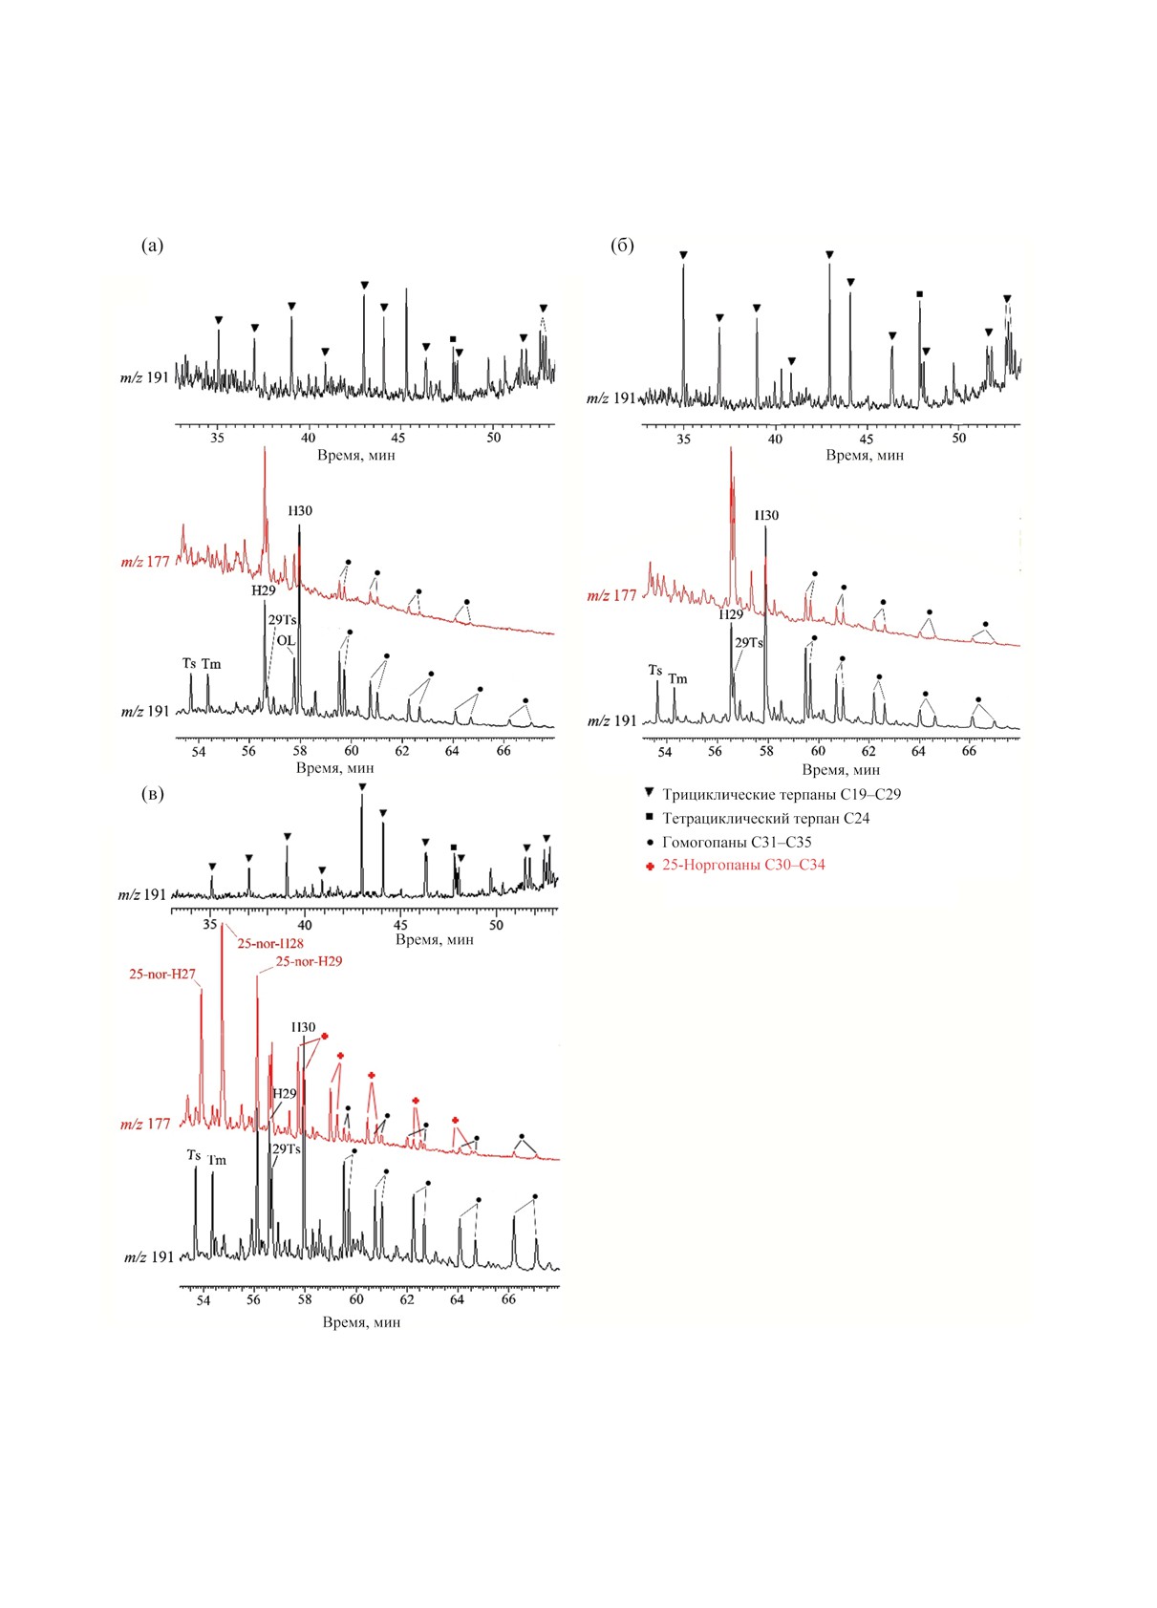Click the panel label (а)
(152, 246)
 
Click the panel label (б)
(622, 246)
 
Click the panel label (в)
(152, 794)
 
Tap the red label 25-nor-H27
(162, 975)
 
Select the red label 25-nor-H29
(309, 961)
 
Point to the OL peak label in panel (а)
(286, 640)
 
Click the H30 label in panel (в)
(303, 1027)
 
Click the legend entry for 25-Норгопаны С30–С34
(743, 865)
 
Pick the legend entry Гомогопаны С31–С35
(737, 842)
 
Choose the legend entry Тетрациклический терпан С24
(766, 819)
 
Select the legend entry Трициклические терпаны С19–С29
(781, 795)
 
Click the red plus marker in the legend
(650, 867)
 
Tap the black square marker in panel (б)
(919, 294)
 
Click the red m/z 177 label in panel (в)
(145, 1125)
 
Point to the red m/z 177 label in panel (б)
(611, 595)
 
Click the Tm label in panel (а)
(211, 664)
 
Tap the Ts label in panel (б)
(654, 670)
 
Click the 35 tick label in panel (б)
(683, 438)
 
